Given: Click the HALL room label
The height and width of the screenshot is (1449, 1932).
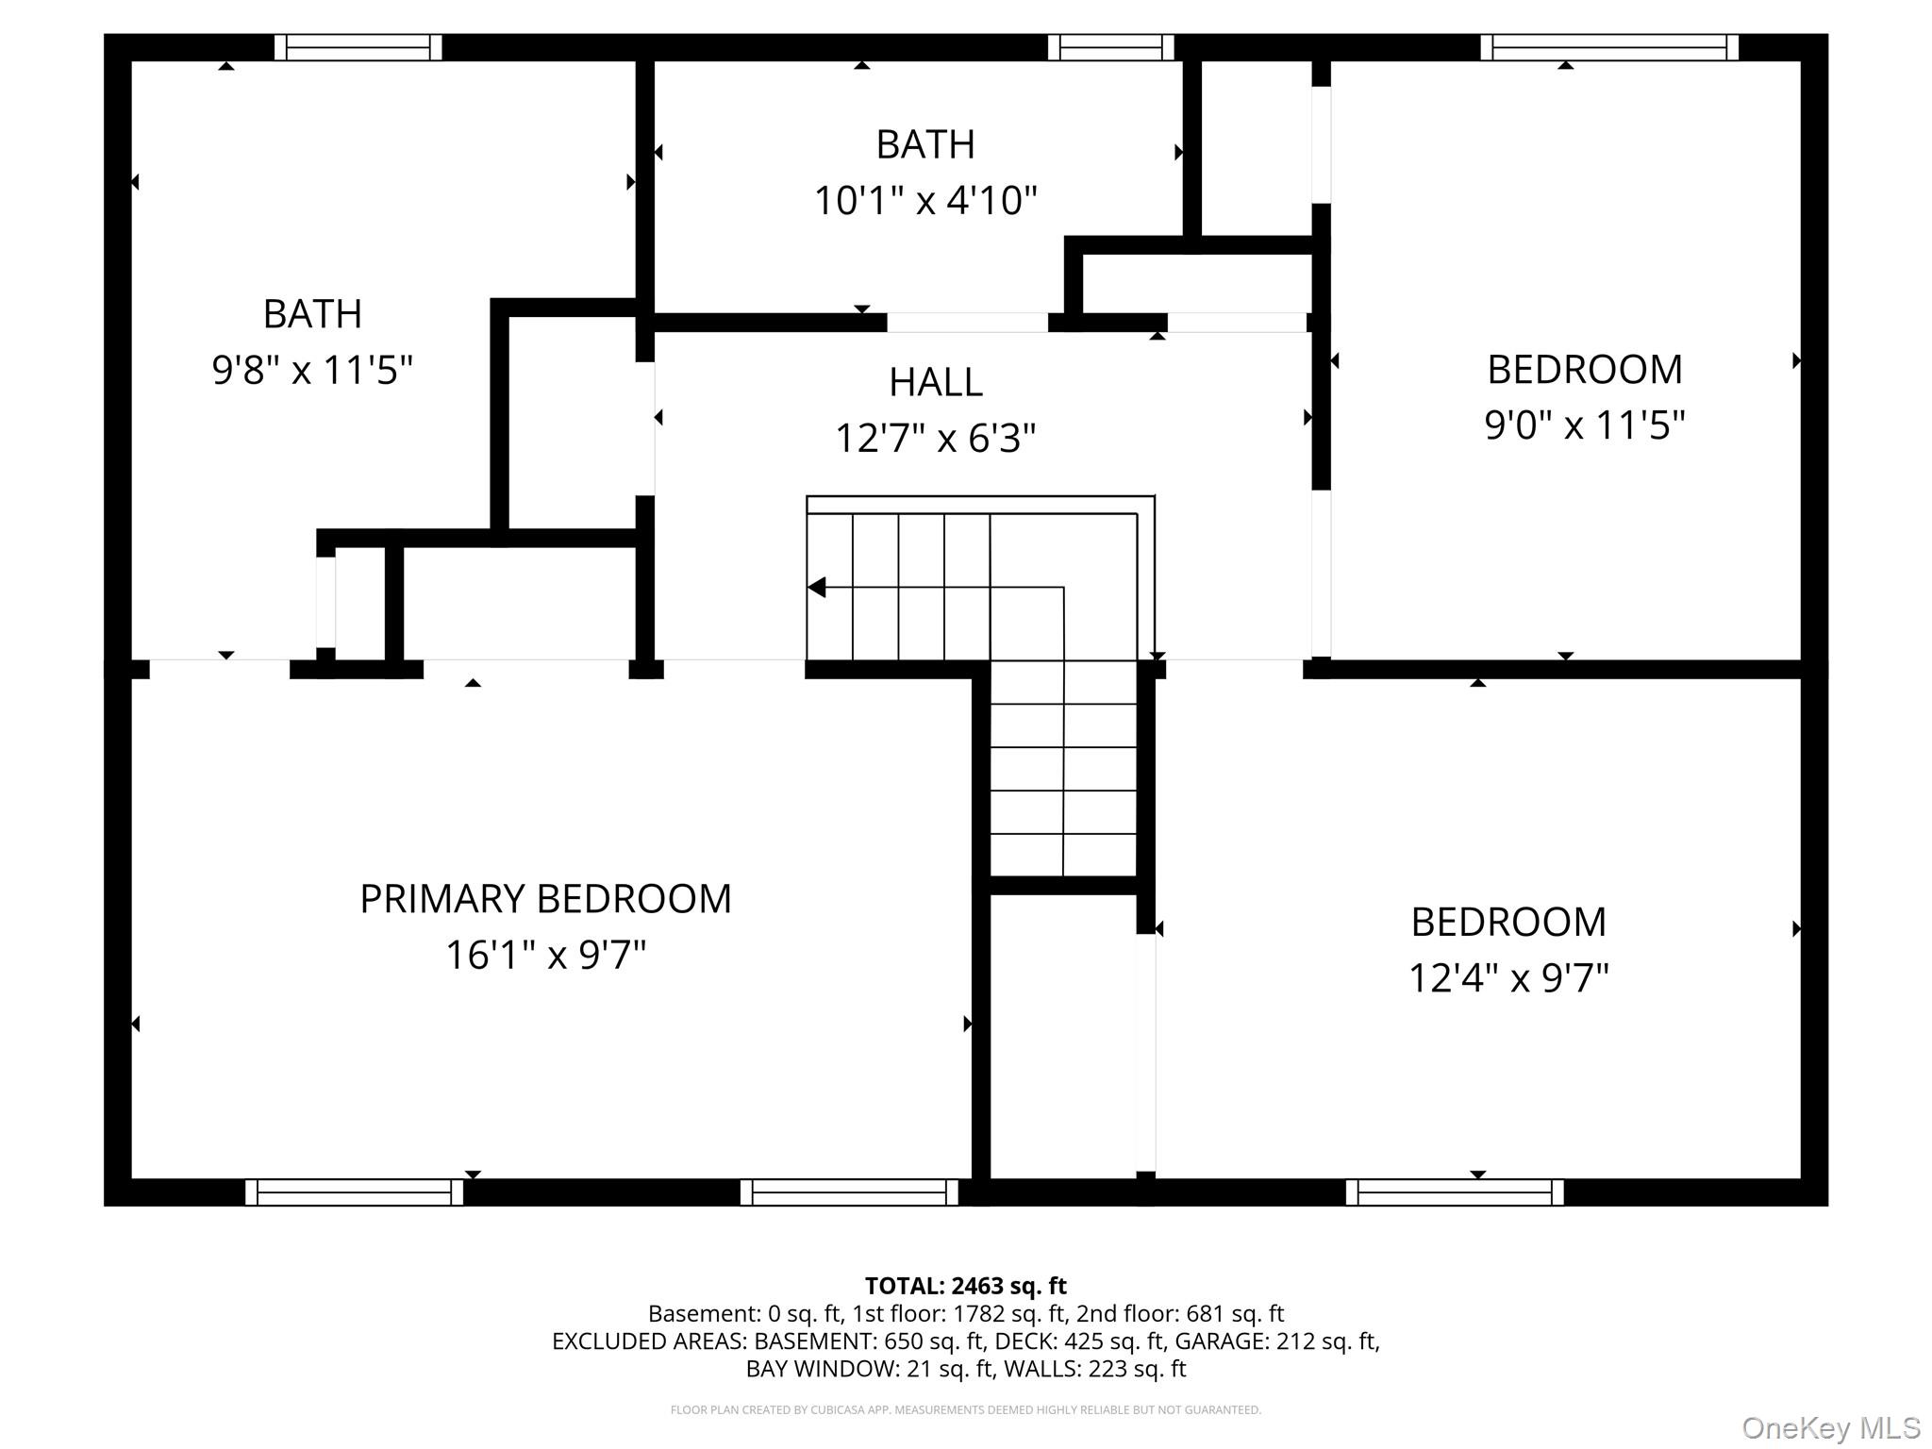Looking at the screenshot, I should point(935,382).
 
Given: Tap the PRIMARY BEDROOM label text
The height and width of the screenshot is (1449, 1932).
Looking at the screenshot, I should point(545,898).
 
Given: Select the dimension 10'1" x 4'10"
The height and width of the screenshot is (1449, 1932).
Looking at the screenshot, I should point(925,201).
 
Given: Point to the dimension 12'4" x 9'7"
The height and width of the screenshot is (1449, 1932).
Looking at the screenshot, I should point(1507,978).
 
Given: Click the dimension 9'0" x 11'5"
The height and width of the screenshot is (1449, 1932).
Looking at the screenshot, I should point(1584,425).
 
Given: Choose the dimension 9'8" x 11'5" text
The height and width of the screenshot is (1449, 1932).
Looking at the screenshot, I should point(312,370).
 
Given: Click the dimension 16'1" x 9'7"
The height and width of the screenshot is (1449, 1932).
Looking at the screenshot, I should point(545,956).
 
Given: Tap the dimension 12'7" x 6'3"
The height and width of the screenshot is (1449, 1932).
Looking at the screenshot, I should point(935,439).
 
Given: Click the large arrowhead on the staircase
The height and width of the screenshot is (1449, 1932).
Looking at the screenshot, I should point(817,588).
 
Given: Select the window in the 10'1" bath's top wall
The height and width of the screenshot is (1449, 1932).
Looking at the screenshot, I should point(1110,47).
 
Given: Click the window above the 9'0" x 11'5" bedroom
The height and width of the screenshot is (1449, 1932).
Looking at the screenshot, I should point(1608,47).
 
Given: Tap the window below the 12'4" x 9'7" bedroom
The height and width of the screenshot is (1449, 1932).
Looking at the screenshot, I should point(1454,1192).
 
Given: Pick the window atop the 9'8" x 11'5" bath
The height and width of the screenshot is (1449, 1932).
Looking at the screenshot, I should point(358,47).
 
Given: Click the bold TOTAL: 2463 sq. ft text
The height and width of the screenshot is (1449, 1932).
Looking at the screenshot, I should point(965,1286).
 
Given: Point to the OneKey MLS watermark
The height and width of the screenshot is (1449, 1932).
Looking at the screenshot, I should point(1830,1427).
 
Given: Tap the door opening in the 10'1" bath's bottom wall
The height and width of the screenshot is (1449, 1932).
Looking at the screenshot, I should point(967,323).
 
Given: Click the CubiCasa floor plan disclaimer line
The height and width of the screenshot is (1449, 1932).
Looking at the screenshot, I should point(965,1409).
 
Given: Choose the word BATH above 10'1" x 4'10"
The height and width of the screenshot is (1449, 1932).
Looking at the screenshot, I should point(925,144).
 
